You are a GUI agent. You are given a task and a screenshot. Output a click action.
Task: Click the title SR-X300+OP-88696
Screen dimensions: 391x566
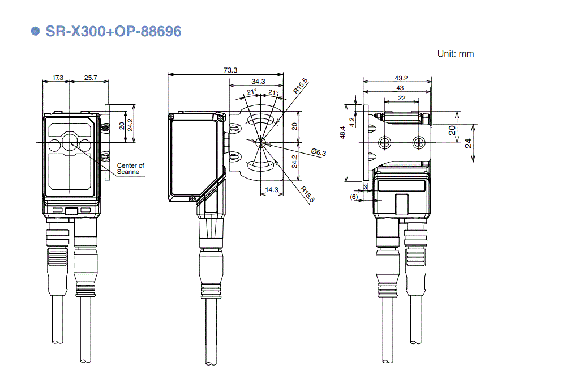(113, 31)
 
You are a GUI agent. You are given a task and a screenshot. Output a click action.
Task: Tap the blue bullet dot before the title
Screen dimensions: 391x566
(36, 31)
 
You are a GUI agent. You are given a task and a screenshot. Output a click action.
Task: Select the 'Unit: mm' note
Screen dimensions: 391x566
(455, 54)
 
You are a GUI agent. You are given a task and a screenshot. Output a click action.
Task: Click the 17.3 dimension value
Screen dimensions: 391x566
(58, 77)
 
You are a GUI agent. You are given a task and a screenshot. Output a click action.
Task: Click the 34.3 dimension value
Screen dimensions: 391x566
(259, 81)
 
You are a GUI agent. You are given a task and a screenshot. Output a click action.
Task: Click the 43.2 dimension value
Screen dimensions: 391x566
(401, 78)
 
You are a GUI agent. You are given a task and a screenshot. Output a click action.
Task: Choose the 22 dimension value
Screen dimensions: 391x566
(401, 98)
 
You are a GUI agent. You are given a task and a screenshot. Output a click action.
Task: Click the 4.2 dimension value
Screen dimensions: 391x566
(352, 121)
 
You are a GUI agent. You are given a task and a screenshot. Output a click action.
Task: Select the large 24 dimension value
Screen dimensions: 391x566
(469, 143)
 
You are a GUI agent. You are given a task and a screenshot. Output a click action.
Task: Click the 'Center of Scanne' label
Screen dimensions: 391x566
(130, 168)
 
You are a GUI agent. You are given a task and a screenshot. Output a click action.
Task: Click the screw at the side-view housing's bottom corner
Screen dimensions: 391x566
(194, 198)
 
